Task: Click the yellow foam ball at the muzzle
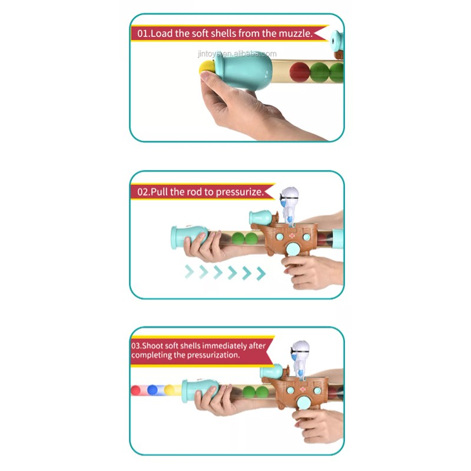(207, 67)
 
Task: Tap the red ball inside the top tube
(300, 72)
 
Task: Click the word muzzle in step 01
(296, 34)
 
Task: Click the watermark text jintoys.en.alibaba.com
(237, 54)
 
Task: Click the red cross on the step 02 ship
(291, 235)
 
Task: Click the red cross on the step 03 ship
(303, 389)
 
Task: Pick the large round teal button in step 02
(293, 248)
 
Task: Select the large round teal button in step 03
(304, 402)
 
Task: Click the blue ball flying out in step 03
(152, 390)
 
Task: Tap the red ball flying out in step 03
(135, 390)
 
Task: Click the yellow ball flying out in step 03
(169, 390)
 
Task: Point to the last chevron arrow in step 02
(261, 274)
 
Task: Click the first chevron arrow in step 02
(189, 272)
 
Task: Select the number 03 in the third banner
(135, 346)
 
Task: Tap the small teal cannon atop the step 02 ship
(260, 217)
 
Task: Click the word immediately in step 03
(225, 346)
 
